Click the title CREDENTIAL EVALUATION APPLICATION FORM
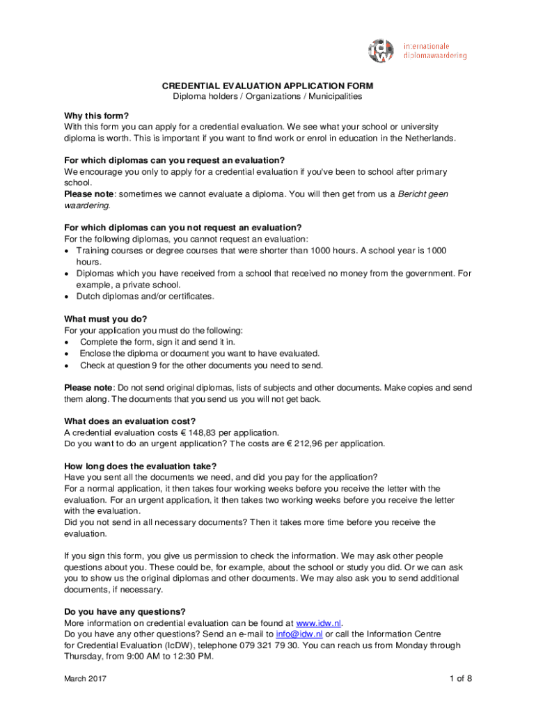coord(267,86)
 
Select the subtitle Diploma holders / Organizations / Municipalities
coord(267,97)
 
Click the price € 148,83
coord(203,432)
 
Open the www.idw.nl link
coord(319,623)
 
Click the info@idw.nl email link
coord(299,634)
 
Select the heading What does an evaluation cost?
coord(130,421)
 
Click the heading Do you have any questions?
coord(125,612)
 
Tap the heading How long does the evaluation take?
coord(140,467)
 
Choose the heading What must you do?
coord(106,320)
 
